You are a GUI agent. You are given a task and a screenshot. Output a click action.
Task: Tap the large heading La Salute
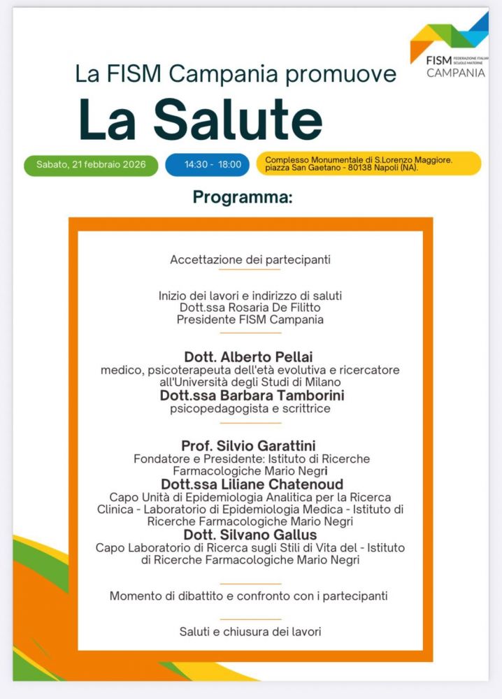tap(201, 119)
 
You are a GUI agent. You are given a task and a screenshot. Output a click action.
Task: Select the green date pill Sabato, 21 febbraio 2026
tap(91, 165)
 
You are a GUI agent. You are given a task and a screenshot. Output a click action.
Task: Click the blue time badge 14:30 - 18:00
tap(213, 165)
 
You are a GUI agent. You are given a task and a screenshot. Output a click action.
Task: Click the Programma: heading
tap(243, 198)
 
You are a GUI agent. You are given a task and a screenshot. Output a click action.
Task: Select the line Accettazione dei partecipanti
tap(250, 259)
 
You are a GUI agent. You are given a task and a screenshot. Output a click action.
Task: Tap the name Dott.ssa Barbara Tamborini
tap(252, 396)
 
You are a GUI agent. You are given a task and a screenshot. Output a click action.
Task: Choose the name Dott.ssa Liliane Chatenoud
tap(252, 484)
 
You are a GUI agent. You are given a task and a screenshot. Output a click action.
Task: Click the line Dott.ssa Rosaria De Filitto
tap(250, 308)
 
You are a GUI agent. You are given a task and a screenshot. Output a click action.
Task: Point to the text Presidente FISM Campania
tap(250, 320)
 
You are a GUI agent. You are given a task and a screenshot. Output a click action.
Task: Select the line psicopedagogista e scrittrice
tap(250, 409)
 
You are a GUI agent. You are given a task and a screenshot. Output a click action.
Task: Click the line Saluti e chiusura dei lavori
tap(250, 631)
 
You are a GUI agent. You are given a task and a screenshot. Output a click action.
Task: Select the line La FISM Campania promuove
tap(236, 74)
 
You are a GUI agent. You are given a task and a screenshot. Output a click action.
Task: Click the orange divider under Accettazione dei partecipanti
tap(250, 270)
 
